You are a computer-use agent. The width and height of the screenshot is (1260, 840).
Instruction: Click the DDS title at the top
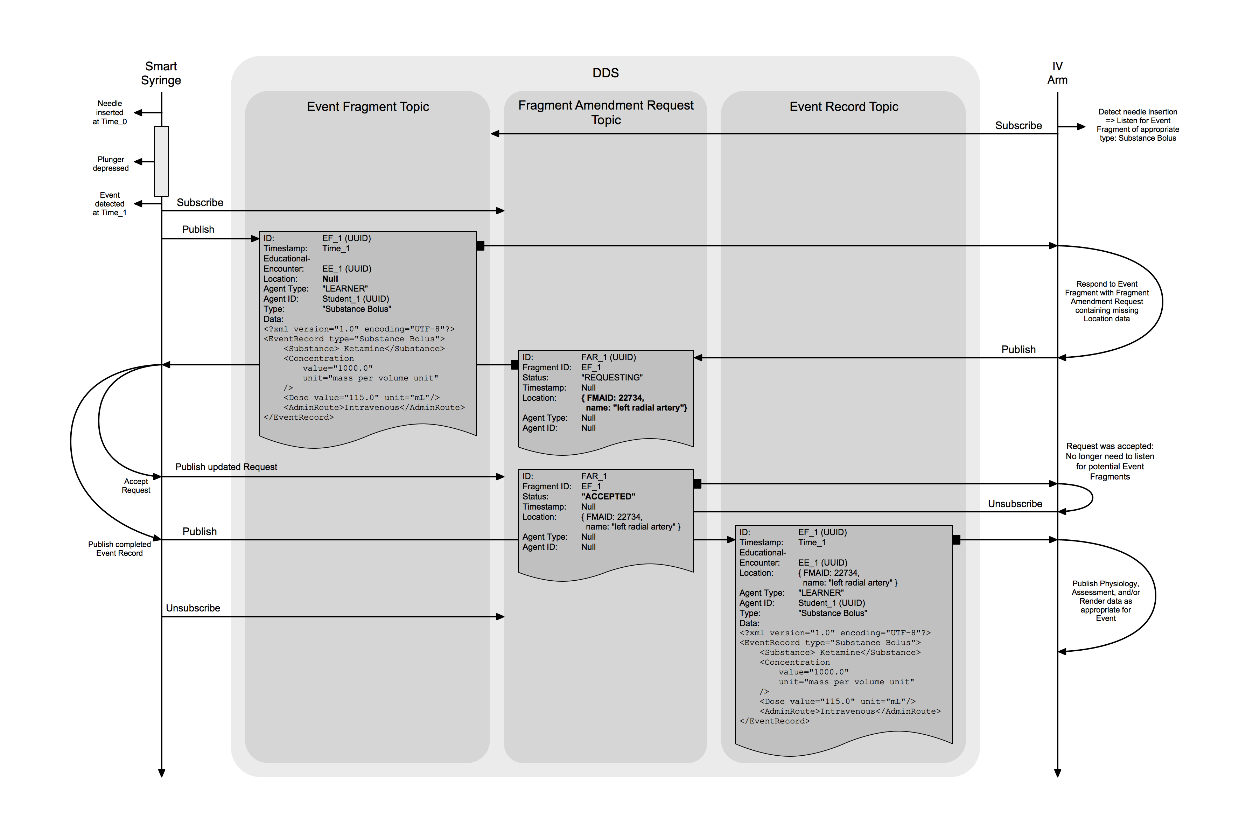tap(605, 73)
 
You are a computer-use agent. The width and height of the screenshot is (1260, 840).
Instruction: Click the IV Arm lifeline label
tap(1057, 73)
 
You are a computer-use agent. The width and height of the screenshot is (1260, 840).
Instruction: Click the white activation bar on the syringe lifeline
tap(161, 161)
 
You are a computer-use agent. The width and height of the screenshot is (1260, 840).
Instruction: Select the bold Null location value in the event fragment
tap(330, 279)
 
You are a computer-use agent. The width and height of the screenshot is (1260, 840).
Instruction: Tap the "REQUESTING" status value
tap(612, 378)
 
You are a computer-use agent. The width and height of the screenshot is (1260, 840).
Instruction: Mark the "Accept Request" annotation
tap(136, 486)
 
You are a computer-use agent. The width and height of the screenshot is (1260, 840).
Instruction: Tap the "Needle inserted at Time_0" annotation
tap(110, 112)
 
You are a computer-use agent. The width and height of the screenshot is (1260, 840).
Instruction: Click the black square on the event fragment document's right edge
tap(481, 246)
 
